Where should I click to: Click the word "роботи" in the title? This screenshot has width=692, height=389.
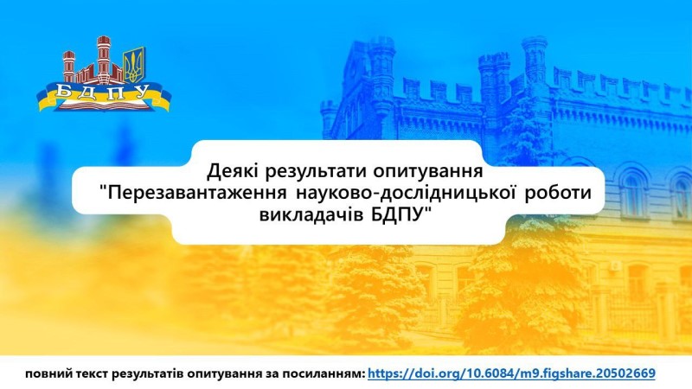[x=557, y=194]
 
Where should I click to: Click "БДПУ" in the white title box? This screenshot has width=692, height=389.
[x=394, y=215]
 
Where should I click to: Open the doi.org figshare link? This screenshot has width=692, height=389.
[x=511, y=374]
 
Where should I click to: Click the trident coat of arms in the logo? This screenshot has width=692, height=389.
[x=133, y=64]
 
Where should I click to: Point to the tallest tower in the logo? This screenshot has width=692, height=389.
[x=103, y=59]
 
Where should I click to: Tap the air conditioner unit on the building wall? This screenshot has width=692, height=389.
[x=615, y=266]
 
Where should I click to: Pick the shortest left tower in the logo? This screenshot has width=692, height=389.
[x=69, y=67]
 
